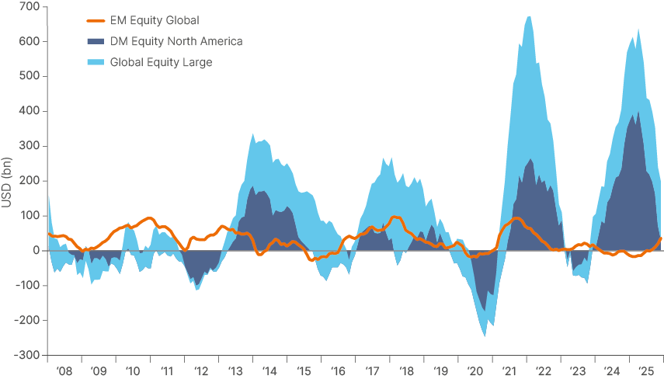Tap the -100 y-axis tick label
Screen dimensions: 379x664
pos(28,285)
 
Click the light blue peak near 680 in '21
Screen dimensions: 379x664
pos(529,16)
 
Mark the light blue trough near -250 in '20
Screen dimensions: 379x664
pos(485,336)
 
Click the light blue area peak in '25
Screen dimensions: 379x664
pos(638,30)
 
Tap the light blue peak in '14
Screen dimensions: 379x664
pos(253,134)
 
